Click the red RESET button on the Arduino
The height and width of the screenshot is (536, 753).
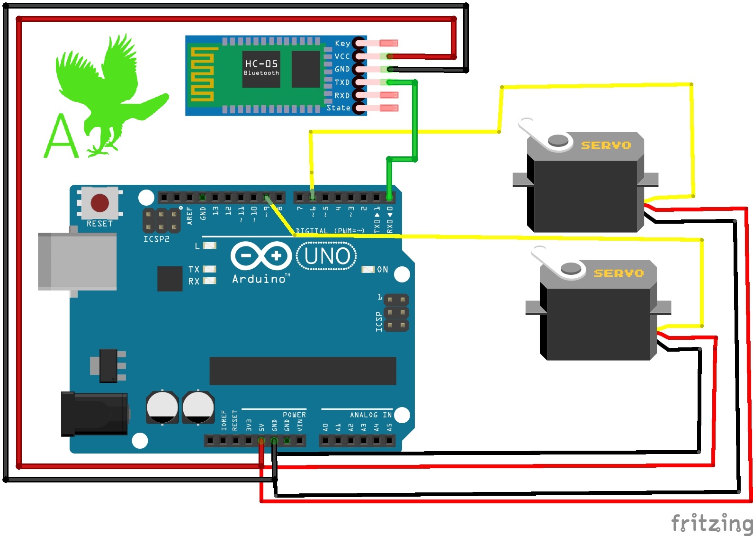[100, 203]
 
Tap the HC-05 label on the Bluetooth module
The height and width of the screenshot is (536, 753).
[261, 64]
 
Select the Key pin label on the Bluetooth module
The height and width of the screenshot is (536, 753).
[342, 43]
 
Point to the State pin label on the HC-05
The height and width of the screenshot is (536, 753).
[339, 108]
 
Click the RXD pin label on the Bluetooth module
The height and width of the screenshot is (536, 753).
[342, 95]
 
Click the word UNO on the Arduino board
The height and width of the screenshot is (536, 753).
[327, 256]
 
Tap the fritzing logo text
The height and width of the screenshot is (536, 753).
[712, 523]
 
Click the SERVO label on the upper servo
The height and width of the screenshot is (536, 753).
[606, 145]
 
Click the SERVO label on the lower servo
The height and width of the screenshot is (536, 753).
[619, 273]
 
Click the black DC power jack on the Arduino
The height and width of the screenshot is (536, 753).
[94, 414]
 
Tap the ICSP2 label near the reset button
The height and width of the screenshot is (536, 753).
[156, 239]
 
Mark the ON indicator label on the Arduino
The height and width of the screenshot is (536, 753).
[382, 269]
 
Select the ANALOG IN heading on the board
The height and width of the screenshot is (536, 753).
[371, 415]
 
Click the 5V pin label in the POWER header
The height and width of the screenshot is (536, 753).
[261, 427]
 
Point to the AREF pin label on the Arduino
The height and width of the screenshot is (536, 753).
[190, 215]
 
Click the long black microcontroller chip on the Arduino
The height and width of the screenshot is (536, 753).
[303, 371]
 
